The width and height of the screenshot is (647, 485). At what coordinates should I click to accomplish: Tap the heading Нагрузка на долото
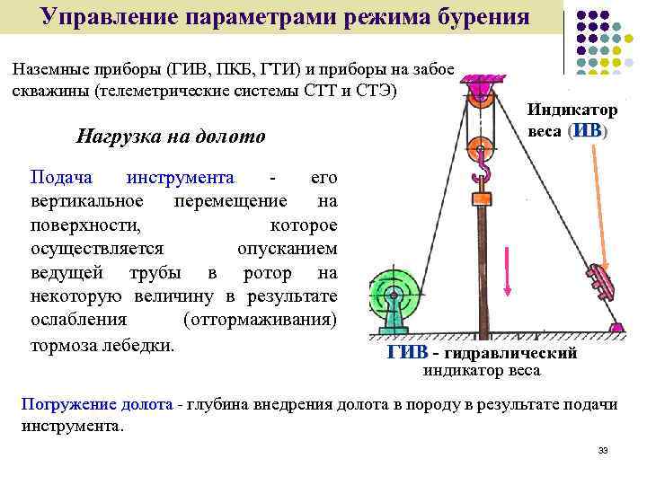(x=171, y=137)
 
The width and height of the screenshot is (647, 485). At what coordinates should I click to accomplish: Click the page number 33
(x=602, y=450)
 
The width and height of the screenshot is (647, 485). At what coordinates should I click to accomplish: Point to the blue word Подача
(x=59, y=177)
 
